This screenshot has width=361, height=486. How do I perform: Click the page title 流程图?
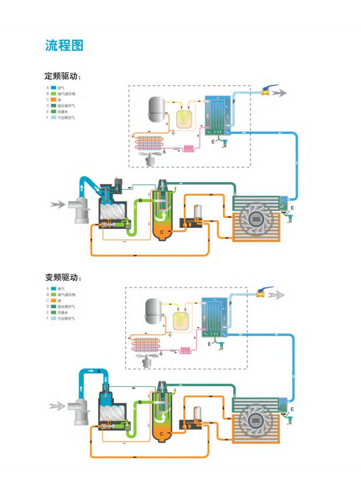point(64,45)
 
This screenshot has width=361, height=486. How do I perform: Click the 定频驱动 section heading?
point(64,77)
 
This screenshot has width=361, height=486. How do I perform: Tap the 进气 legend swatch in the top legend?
point(54,88)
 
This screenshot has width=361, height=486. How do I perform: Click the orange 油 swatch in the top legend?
point(54,100)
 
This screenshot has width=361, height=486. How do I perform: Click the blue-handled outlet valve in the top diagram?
point(267,92)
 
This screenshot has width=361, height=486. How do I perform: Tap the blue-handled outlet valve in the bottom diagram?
point(262,292)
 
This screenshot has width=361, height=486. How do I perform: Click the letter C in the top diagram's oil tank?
point(162,232)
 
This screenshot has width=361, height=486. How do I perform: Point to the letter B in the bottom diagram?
point(140,402)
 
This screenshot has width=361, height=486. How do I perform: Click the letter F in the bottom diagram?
point(231,303)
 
